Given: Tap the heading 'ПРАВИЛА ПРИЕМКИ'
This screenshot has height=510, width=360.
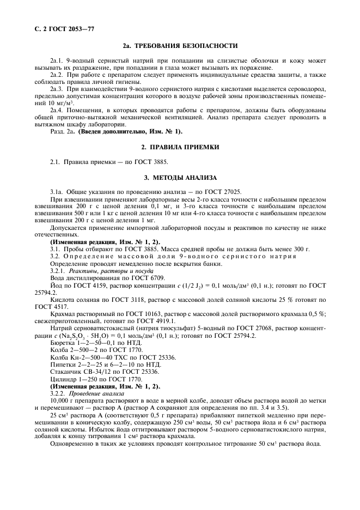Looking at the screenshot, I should (x=184, y=147).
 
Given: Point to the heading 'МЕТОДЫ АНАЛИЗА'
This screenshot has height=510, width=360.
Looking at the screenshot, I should (x=184, y=178).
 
